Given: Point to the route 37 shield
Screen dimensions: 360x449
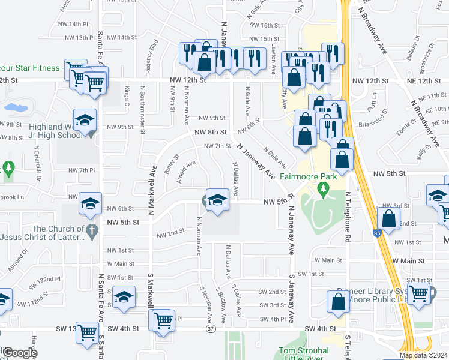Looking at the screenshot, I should tap(210, 329).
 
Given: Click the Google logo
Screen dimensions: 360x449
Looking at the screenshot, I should tap(19, 353).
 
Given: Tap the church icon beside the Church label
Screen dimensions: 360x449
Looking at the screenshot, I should tap(91, 229).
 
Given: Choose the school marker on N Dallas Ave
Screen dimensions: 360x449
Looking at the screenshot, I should tap(217, 200).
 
